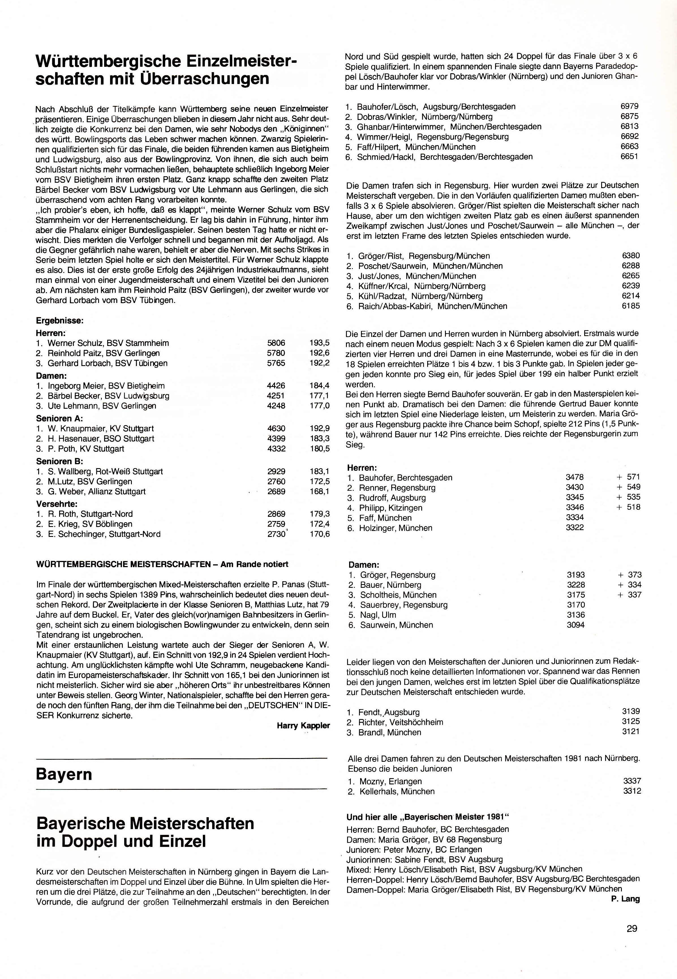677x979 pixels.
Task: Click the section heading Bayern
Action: click(64, 774)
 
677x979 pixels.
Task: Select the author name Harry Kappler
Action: click(303, 726)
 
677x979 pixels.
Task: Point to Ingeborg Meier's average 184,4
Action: click(319, 386)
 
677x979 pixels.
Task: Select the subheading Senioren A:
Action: click(59, 418)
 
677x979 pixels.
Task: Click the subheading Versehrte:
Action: click(57, 504)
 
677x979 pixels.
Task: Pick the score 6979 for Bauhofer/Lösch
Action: click(629, 106)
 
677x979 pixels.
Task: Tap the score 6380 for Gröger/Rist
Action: click(630, 256)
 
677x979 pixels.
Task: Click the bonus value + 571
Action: click(628, 477)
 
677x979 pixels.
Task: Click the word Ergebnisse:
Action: click(60, 320)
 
